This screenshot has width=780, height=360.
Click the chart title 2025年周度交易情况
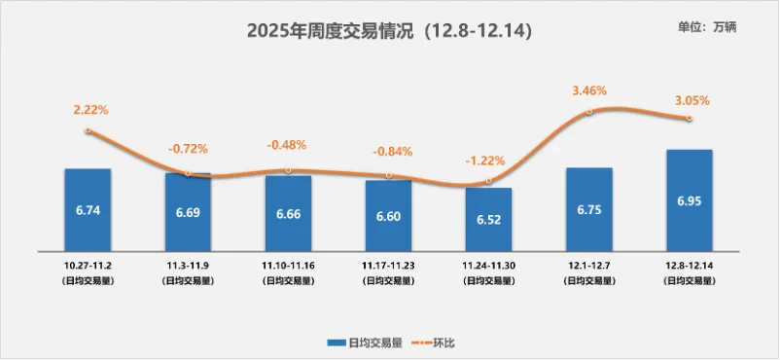[331, 31]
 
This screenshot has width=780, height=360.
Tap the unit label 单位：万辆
[706, 28]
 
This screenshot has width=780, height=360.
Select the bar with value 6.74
[88, 209]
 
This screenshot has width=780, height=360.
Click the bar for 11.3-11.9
[188, 212]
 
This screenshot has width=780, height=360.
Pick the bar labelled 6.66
[289, 213]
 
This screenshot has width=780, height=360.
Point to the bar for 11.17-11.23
[388, 216]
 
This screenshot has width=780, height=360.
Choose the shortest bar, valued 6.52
[488, 219]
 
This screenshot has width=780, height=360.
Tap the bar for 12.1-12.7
[589, 209]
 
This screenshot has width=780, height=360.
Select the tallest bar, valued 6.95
[690, 200]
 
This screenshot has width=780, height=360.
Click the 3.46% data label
[589, 90]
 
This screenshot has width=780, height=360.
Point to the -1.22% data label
[485, 161]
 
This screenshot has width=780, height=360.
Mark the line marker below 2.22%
[89, 130]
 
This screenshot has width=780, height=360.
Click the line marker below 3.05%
[690, 118]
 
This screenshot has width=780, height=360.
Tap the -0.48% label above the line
[286, 145]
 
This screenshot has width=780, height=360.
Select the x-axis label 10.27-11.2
[89, 265]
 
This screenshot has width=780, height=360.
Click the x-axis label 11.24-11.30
[489, 265]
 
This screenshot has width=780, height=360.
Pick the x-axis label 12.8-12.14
[690, 265]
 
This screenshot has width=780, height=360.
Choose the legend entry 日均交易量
[365, 342]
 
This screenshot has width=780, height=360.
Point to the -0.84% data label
[393, 152]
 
